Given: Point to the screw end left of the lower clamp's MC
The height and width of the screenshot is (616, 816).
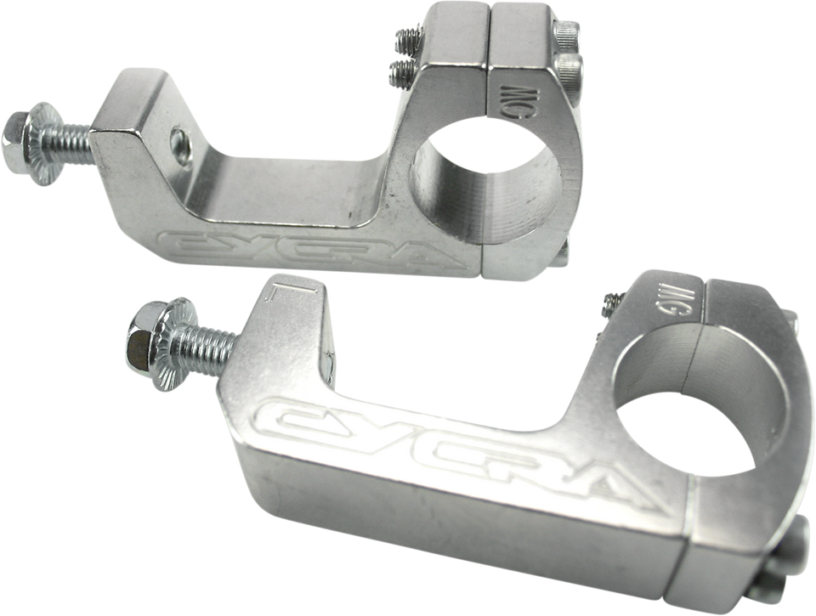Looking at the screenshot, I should tap(609, 302).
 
